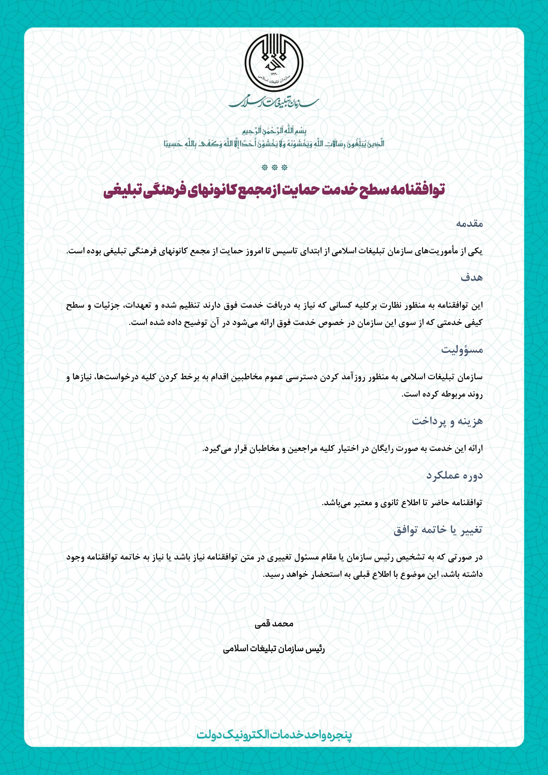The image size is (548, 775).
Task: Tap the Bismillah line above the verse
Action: [274, 131]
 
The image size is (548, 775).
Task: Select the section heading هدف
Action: [472, 278]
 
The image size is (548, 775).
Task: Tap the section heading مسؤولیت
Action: [462, 350]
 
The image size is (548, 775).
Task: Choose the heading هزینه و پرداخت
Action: [447, 421]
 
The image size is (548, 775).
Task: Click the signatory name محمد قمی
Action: [274, 623]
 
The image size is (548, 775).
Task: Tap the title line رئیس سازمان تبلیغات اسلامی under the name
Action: [274, 649]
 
